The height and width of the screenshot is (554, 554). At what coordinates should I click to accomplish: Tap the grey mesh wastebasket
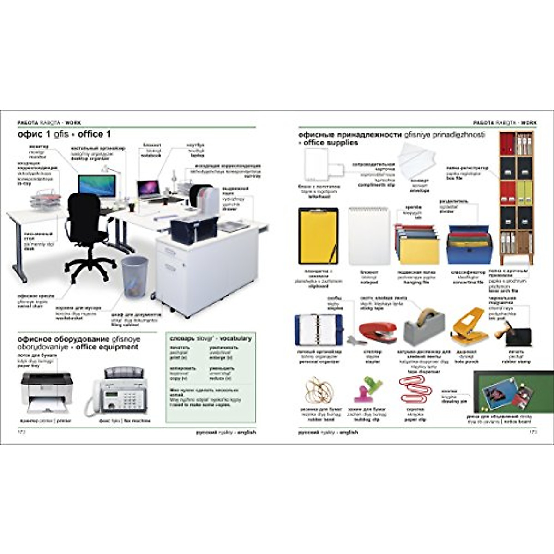(x=135, y=276)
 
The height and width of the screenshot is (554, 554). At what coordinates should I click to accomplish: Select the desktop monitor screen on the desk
(x=97, y=186)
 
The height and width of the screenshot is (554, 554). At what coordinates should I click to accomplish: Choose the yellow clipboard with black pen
(x=318, y=236)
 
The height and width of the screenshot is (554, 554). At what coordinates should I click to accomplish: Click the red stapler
(x=377, y=331)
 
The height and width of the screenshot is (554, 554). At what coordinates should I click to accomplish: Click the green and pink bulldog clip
(x=367, y=388)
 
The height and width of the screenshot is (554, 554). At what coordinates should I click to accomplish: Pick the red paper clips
(x=414, y=390)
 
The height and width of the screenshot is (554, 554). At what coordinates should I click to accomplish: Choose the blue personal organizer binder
(x=319, y=329)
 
